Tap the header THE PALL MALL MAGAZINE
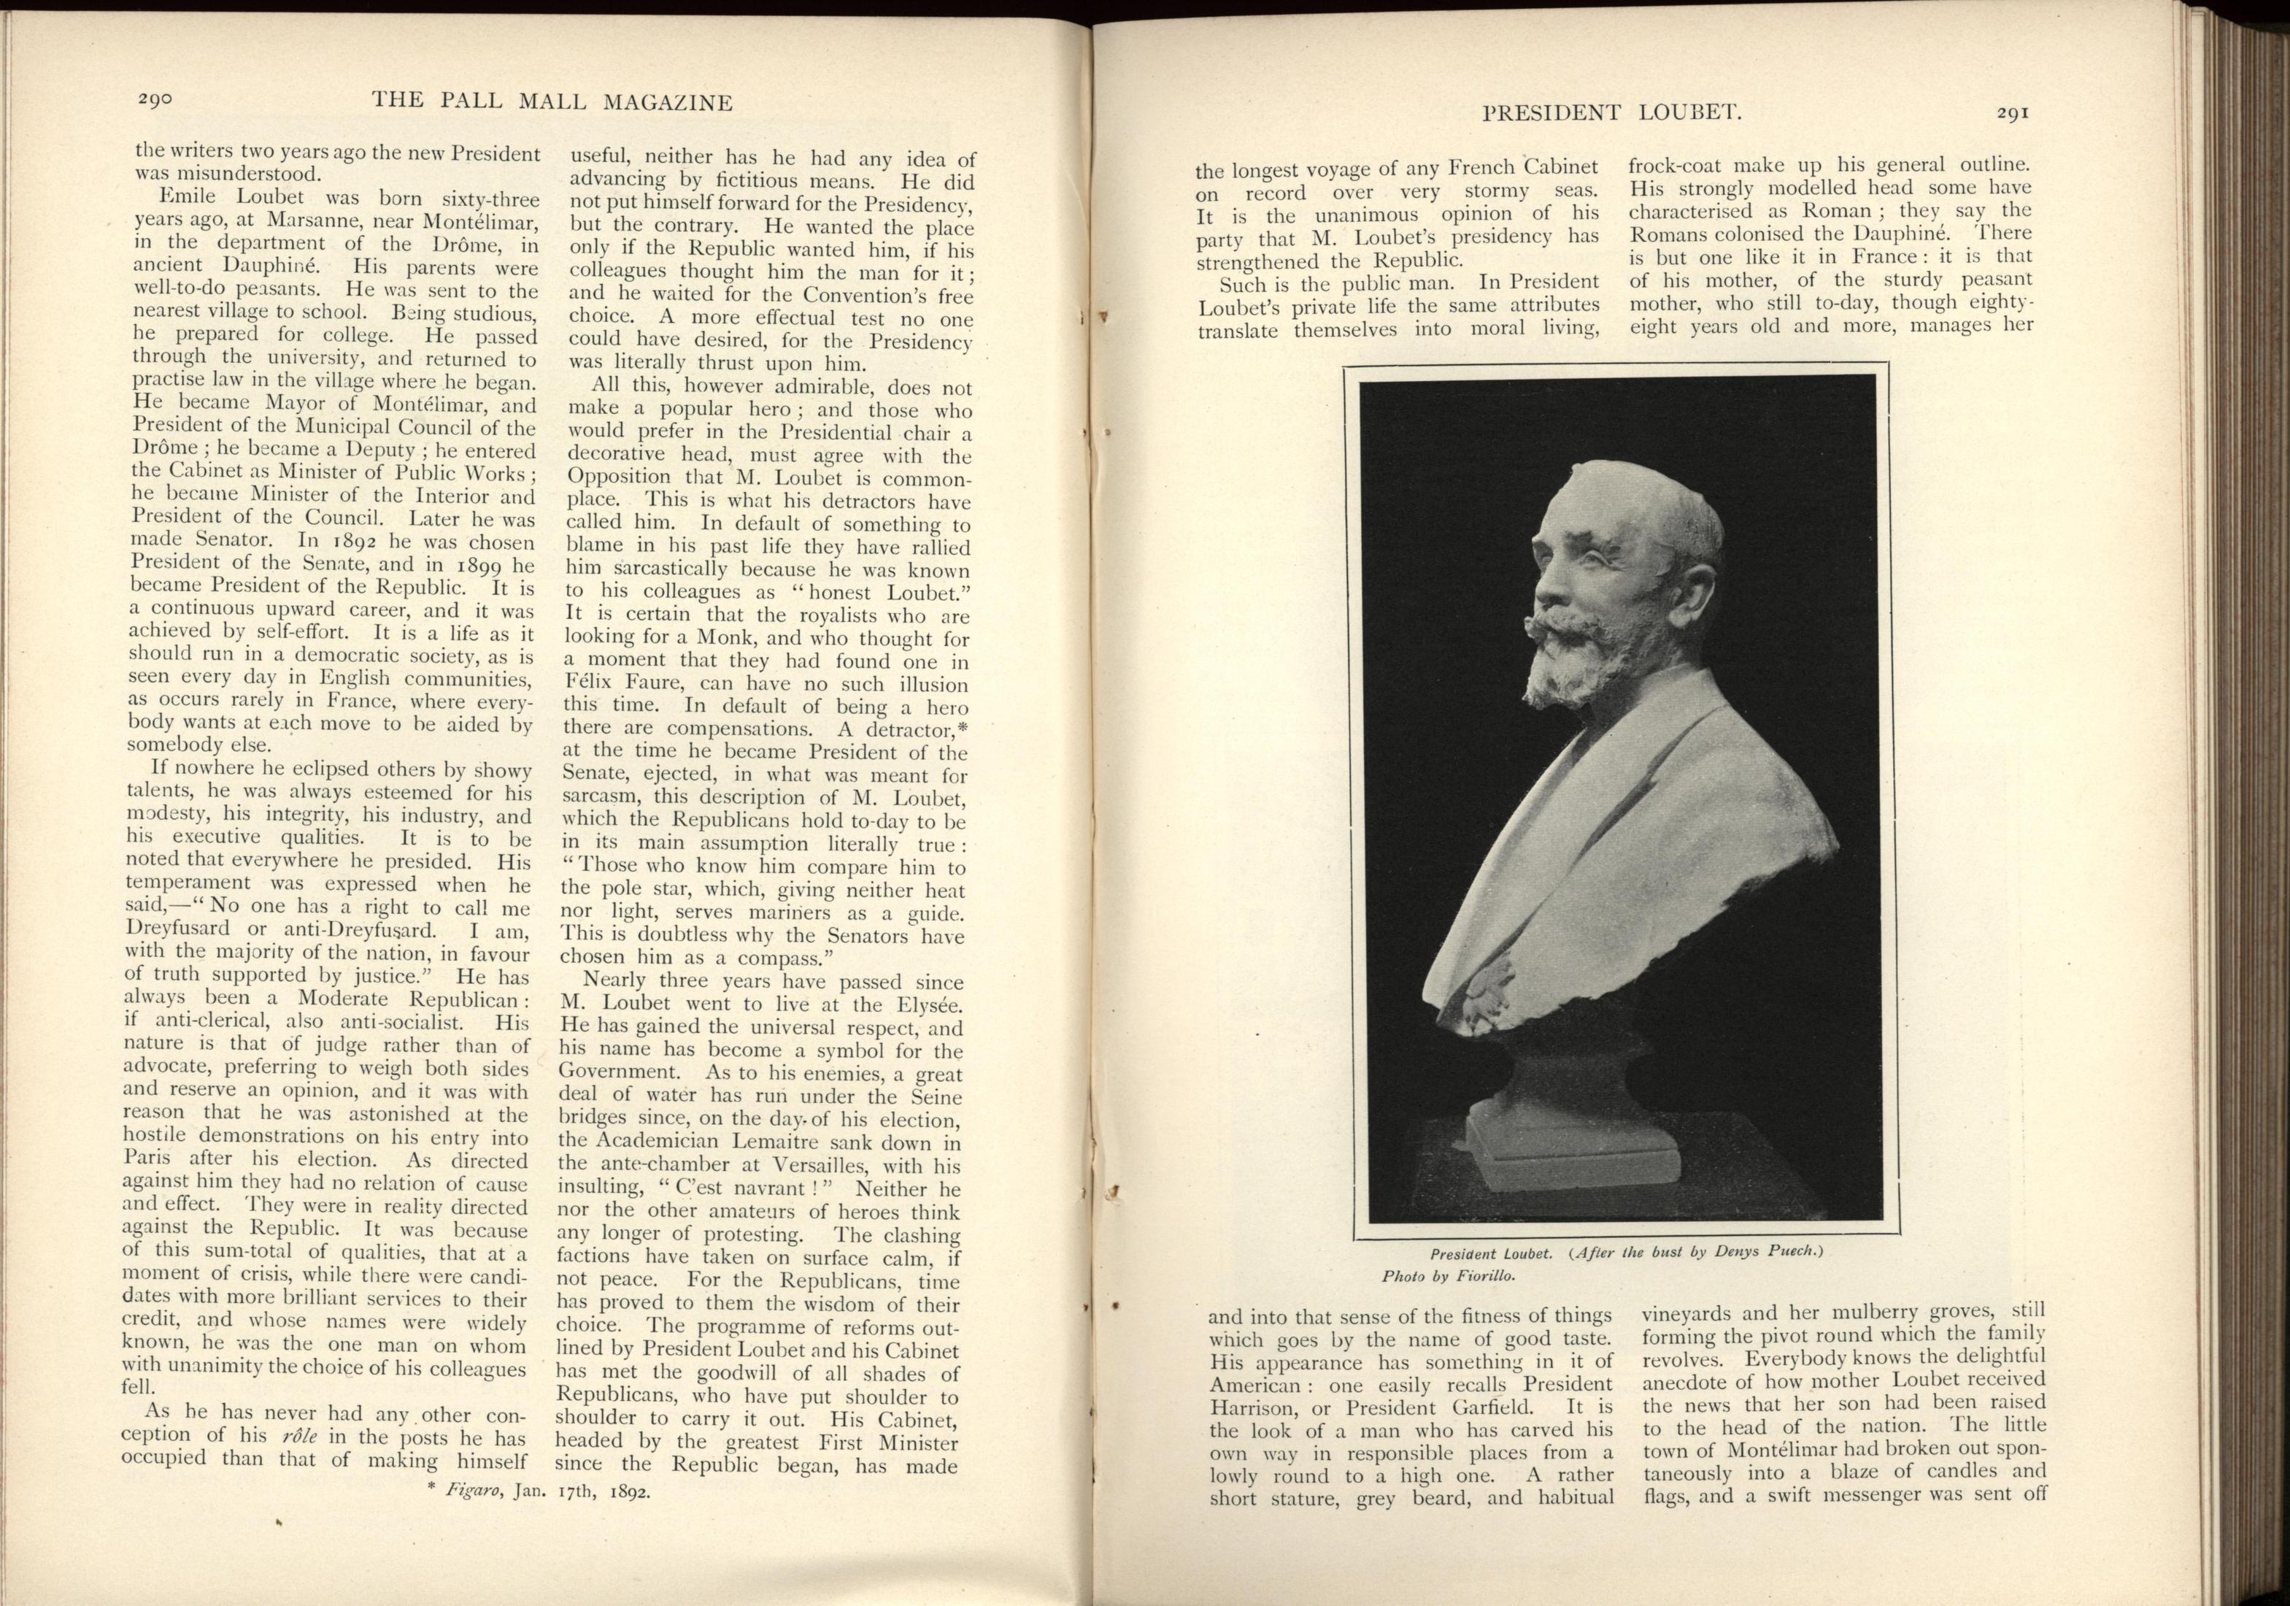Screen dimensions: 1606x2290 pyautogui.click(x=552, y=101)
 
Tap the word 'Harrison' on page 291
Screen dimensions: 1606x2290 pyautogui.click(x=1259, y=1408)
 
